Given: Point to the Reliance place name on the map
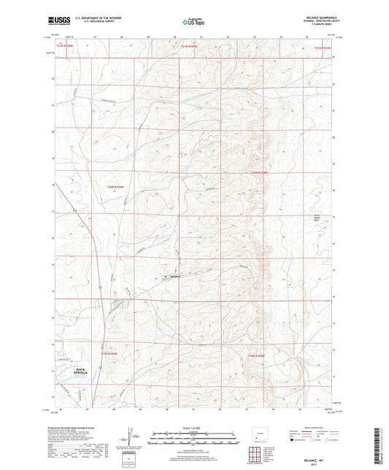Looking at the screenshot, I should (175, 276).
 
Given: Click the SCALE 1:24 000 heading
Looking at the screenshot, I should (194, 428).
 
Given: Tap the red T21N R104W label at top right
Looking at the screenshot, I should (322, 49).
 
